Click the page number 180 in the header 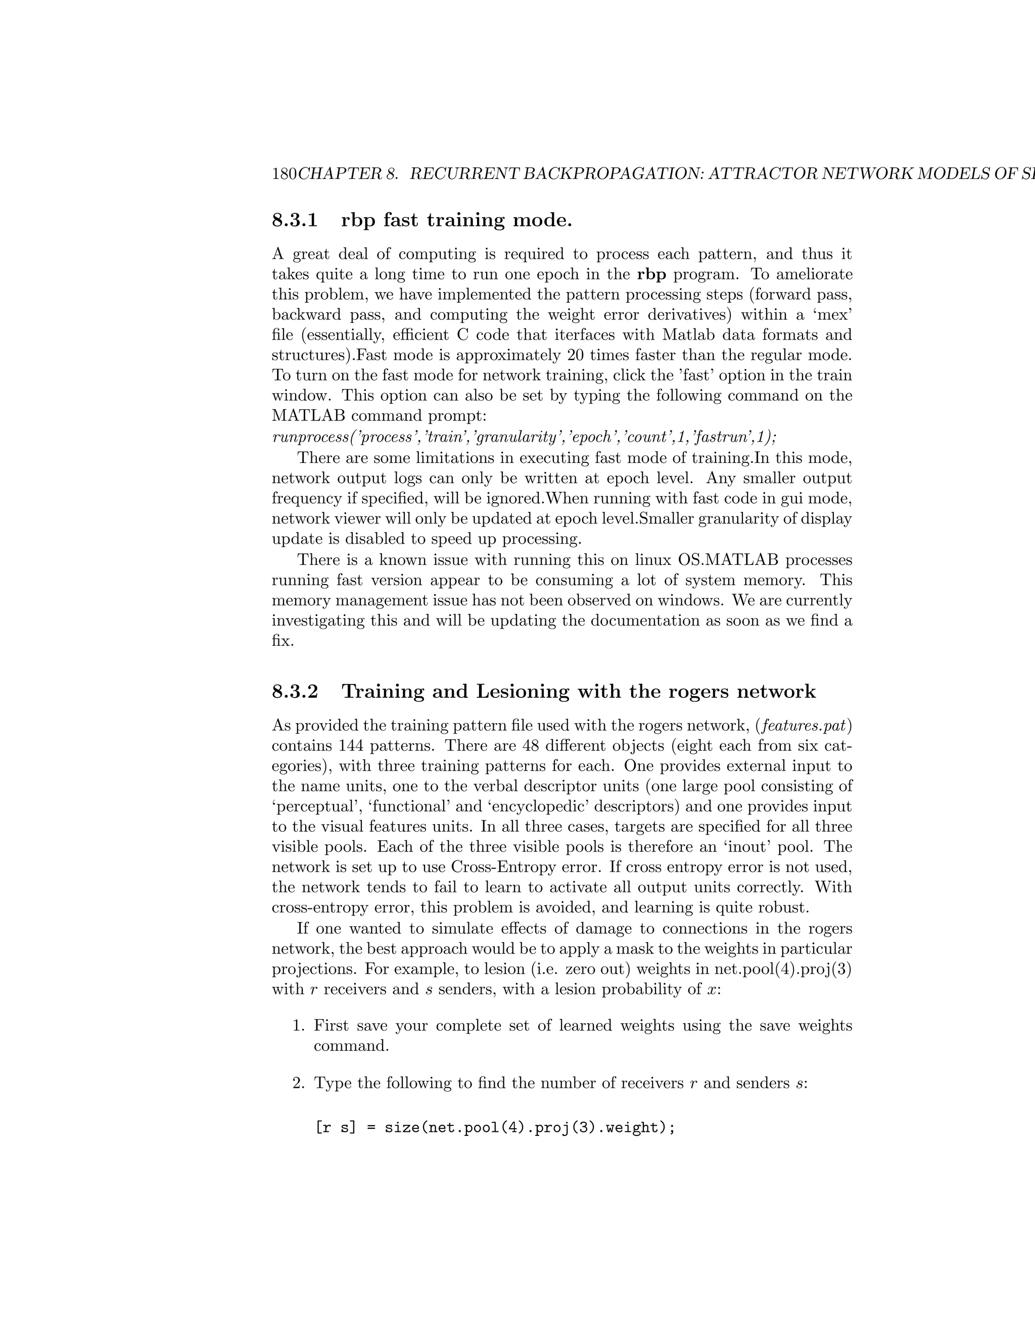point(284,174)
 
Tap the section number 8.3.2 point(295,692)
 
